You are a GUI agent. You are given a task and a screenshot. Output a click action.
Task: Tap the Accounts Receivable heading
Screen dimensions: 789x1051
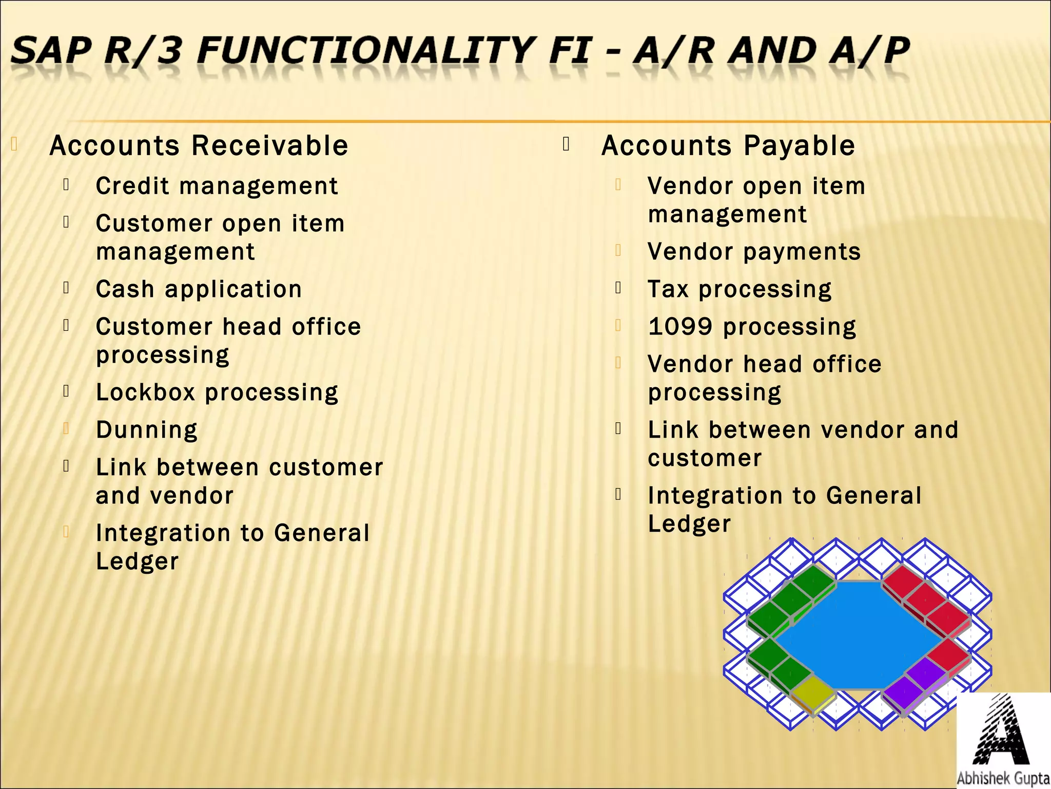pyautogui.click(x=199, y=145)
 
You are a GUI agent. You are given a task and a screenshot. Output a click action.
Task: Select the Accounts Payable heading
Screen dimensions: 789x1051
pyautogui.click(x=728, y=145)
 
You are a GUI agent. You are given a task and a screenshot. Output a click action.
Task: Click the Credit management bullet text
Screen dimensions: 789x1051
pyautogui.click(x=217, y=186)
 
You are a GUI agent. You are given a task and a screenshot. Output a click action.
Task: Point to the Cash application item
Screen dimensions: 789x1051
pyautogui.click(x=199, y=289)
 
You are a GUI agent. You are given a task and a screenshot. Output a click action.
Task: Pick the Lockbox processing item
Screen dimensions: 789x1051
pyautogui.click(x=217, y=392)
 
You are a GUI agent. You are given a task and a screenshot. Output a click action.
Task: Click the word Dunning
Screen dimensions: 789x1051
pyautogui.click(x=147, y=430)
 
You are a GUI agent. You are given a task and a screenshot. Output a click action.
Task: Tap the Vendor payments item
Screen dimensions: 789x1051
pyautogui.click(x=754, y=252)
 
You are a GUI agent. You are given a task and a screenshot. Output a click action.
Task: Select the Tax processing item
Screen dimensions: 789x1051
pyautogui.click(x=739, y=289)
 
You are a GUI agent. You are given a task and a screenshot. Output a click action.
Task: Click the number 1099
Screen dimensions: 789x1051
pyautogui.click(x=680, y=327)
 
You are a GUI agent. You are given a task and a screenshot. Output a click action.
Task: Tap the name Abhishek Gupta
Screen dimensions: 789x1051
pyautogui.click(x=1003, y=778)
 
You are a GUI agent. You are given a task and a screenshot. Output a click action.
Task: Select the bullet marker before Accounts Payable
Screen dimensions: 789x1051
pyautogui.click(x=566, y=144)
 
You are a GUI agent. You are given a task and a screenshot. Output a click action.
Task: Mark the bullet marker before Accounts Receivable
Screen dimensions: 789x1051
pyautogui.click(x=14, y=144)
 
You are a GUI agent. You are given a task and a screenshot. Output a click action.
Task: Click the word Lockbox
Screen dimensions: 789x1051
pyautogui.click(x=146, y=392)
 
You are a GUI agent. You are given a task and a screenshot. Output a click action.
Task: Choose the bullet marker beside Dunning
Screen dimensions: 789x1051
pyautogui.click(x=66, y=428)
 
